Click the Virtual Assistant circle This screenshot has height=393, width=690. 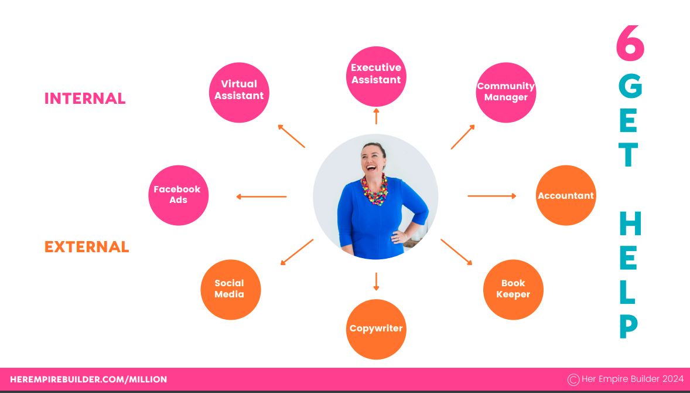(x=239, y=93)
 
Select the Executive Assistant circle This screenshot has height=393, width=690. (x=376, y=77)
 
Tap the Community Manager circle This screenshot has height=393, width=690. (x=506, y=93)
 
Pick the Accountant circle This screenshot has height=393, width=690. (x=566, y=195)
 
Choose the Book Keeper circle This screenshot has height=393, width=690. (x=513, y=289)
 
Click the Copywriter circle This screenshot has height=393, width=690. (x=376, y=329)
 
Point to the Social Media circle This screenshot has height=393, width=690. (x=231, y=289)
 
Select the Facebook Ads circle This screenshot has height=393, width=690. (x=178, y=195)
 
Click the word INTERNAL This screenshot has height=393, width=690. (x=85, y=99)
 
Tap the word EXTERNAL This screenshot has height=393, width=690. (x=87, y=247)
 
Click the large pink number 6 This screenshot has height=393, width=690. (x=630, y=43)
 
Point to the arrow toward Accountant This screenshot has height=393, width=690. (x=492, y=195)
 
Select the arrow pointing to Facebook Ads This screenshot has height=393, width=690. (x=261, y=196)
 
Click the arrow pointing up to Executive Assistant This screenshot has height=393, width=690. (x=376, y=116)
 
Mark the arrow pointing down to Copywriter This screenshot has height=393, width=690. (x=376, y=282)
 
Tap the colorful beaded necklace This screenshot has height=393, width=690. (x=374, y=190)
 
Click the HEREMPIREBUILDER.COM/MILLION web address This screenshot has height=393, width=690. (x=88, y=380)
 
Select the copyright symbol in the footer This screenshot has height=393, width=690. (x=573, y=380)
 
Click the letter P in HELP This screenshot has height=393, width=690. (x=629, y=327)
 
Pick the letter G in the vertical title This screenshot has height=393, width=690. (x=630, y=85)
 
